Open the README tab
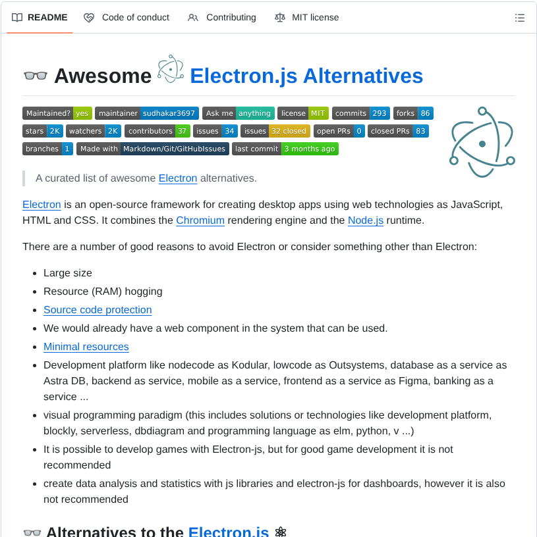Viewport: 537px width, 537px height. coord(40,18)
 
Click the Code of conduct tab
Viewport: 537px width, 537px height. coord(127,18)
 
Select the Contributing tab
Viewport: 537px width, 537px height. coord(222,18)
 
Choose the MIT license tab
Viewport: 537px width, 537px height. coord(307,18)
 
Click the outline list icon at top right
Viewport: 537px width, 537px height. coord(520,18)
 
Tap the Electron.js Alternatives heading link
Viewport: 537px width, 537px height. coord(306,76)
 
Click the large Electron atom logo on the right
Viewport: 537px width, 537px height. coord(482,142)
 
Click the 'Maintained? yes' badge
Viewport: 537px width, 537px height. coord(57,113)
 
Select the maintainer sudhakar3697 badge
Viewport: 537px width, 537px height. coord(147,113)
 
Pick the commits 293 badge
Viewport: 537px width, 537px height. coord(361,113)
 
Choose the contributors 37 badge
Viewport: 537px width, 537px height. coord(158,131)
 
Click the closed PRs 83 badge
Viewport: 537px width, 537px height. coord(398,131)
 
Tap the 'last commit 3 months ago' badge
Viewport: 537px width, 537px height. coord(285,149)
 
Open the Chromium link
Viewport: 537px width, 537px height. coord(200,220)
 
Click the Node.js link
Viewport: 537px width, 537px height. coord(366,220)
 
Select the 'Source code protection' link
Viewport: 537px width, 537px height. coord(98,310)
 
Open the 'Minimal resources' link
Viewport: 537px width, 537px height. coord(86,347)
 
